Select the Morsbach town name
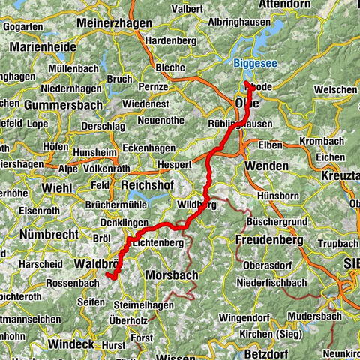172,275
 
